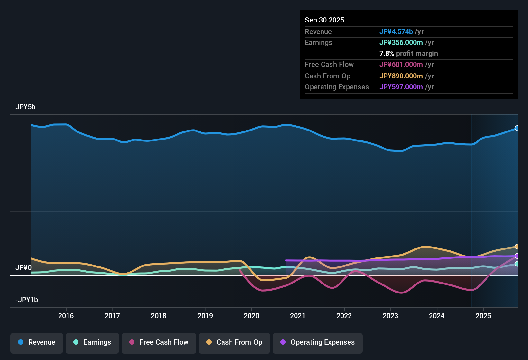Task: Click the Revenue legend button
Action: (x=37, y=342)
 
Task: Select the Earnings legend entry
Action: (x=92, y=342)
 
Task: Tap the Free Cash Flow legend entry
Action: (x=159, y=342)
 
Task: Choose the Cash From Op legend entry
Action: (x=234, y=342)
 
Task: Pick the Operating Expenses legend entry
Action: (x=318, y=342)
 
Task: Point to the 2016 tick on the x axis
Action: (x=66, y=316)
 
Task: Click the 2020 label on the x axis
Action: (x=251, y=316)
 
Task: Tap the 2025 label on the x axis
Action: (x=483, y=316)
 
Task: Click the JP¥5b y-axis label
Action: (x=25, y=107)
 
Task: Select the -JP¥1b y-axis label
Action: (x=27, y=300)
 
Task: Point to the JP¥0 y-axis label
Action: (x=23, y=268)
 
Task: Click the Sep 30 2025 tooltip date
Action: (x=324, y=20)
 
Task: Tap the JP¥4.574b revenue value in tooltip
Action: (x=396, y=32)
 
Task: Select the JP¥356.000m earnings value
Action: (x=401, y=43)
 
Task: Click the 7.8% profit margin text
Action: (x=408, y=54)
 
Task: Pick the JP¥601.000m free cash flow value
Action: (x=401, y=65)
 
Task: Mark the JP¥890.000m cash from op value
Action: (x=401, y=76)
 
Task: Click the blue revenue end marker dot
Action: (x=517, y=128)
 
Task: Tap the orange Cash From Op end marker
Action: (x=517, y=247)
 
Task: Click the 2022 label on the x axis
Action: (x=344, y=316)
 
